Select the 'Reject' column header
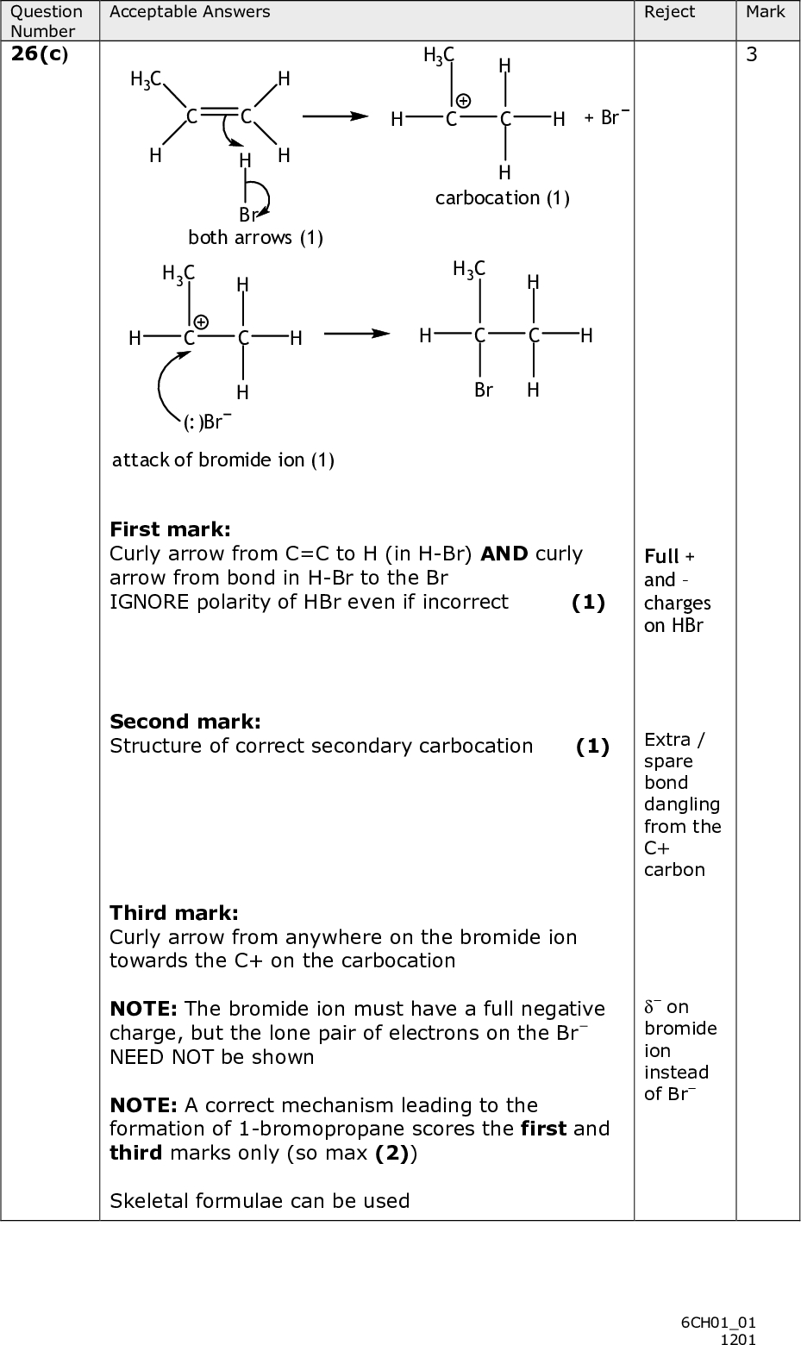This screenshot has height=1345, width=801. pos(669,12)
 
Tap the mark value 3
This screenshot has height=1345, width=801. pos(752,55)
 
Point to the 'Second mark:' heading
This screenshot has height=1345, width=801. pos(185,721)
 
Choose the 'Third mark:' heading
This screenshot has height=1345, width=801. pos(174,912)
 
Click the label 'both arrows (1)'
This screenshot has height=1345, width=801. pos(255,237)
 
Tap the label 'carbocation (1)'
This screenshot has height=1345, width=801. pos(502,198)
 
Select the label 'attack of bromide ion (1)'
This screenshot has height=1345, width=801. pos(223,460)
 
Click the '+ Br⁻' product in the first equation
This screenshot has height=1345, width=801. pos(606,117)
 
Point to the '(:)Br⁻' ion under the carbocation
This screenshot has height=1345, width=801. pos(206,422)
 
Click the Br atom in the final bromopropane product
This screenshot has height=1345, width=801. pos(484,390)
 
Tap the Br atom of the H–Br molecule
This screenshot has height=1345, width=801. pos(247,215)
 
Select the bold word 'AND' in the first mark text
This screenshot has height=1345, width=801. pos(504,554)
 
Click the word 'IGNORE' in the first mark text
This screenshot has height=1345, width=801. pos(141,601)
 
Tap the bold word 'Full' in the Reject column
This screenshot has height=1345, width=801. pos(661,556)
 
